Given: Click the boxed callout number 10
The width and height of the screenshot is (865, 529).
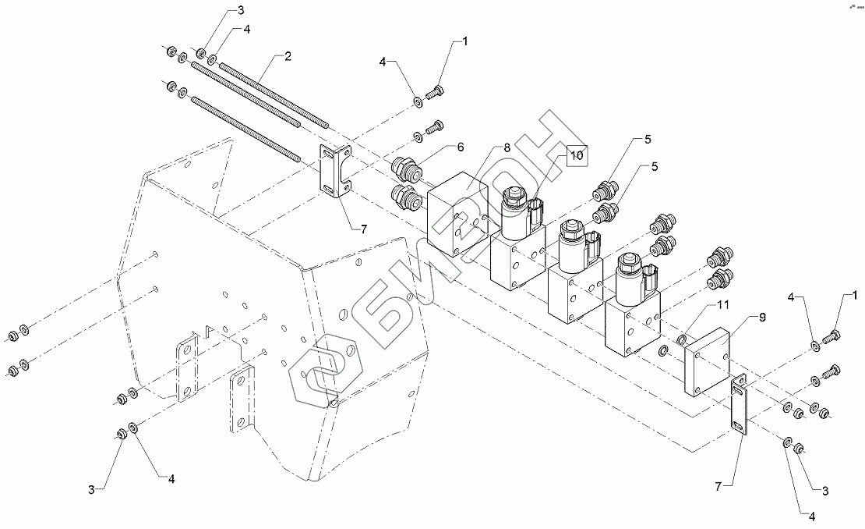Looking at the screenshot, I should (575, 155).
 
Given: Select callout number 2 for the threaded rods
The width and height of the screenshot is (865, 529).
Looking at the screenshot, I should (288, 56).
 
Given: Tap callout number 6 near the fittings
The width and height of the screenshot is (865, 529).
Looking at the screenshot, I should (461, 147).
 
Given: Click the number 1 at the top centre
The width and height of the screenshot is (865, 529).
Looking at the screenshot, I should (466, 41).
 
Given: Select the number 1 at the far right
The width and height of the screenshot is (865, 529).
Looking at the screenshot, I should (855, 295).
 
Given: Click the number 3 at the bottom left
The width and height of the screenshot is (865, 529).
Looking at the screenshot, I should (91, 489).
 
